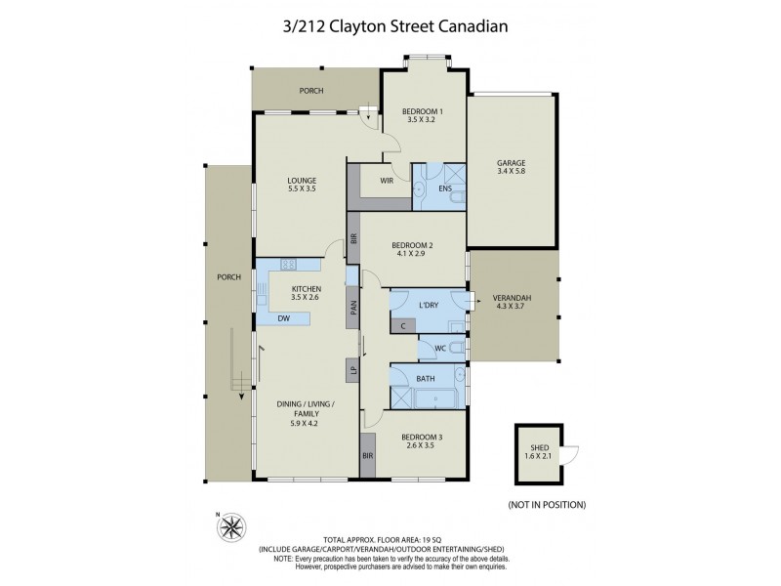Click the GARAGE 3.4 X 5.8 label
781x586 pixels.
click(511, 167)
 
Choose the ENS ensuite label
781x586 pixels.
click(432, 188)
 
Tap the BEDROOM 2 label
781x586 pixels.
click(412, 250)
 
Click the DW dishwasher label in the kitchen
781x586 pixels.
click(283, 318)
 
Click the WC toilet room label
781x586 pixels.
click(440, 347)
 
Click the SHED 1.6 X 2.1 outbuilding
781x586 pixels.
click(540, 454)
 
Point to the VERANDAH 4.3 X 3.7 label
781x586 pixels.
click(512, 303)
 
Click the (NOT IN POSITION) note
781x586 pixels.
click(547, 505)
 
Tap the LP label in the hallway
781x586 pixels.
click(351, 369)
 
